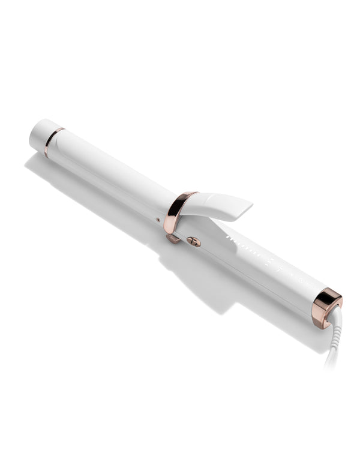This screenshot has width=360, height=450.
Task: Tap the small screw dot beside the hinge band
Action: [158, 220]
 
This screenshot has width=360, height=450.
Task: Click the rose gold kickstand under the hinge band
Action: [173, 238]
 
